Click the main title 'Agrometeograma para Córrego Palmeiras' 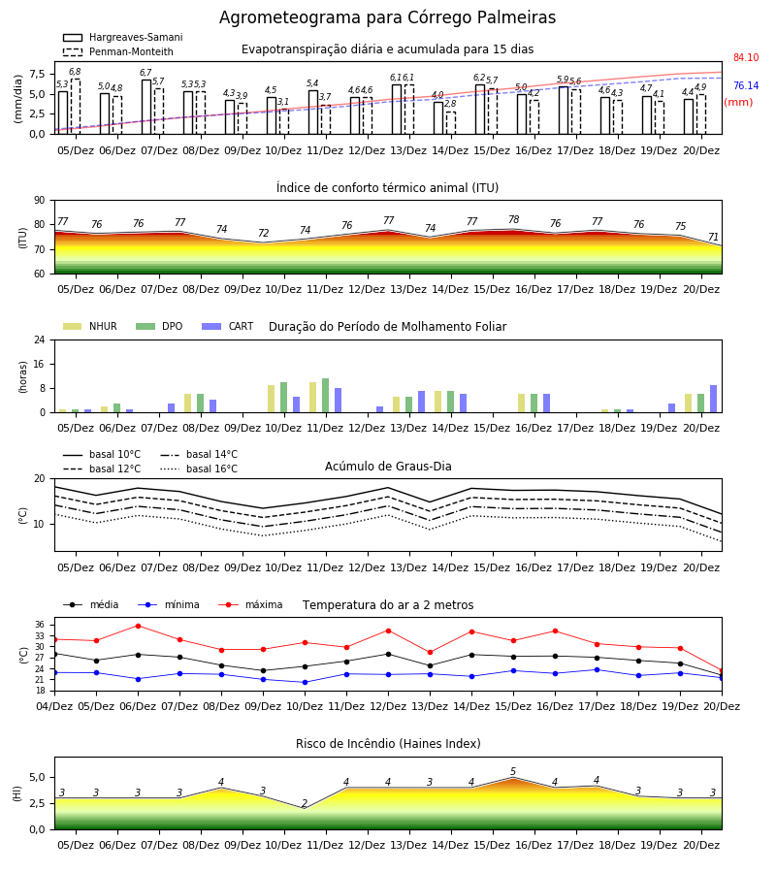click(387, 17)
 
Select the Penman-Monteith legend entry click(118, 51)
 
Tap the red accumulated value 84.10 click(746, 57)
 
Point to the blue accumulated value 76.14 click(746, 85)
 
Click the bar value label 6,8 click(75, 72)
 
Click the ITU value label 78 click(514, 219)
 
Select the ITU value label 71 click(713, 238)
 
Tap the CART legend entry click(228, 326)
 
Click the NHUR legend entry click(90, 326)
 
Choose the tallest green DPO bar click(326, 396)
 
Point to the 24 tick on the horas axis click(40, 339)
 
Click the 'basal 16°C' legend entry click(199, 469)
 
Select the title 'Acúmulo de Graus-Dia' click(388, 466)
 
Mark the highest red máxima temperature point click(138, 626)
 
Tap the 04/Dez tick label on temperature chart click(54, 706)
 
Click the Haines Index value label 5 click(513, 772)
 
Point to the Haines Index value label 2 click(305, 803)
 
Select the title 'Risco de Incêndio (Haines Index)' click(388, 744)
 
